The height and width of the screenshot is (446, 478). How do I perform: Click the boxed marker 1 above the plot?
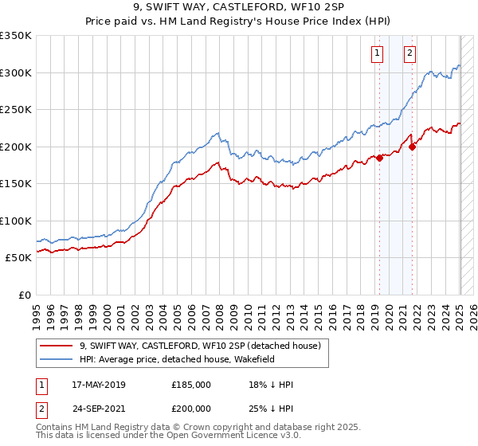[x=376, y=53]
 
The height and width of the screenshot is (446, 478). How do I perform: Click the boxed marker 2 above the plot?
[x=409, y=53]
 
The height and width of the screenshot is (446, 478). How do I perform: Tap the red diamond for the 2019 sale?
[x=380, y=158]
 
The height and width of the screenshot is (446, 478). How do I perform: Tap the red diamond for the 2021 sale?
[x=413, y=147]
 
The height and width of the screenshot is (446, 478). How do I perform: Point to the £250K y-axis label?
[x=16, y=109]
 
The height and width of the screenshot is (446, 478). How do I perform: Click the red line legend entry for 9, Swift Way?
[x=199, y=346]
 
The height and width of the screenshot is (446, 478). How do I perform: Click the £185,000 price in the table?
[x=191, y=385]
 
